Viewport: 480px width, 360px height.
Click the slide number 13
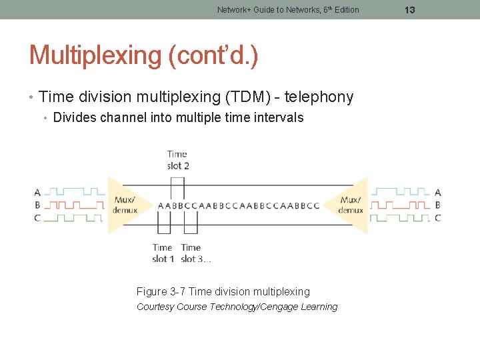tap(410, 10)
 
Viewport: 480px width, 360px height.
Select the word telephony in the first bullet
tap(319, 97)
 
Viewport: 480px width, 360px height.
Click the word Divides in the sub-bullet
tap(75, 118)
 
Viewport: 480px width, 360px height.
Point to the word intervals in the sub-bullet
tap(279, 118)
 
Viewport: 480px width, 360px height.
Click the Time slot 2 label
tap(178, 160)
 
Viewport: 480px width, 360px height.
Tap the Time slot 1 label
tap(163, 253)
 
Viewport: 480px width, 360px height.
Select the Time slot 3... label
tap(195, 253)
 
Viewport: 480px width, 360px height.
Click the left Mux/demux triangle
tap(124, 205)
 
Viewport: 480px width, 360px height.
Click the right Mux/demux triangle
tap(351, 205)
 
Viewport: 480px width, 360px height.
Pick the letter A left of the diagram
tap(37, 193)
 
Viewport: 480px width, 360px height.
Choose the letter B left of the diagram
tap(37, 205)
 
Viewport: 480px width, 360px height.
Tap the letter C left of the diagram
tap(37, 217)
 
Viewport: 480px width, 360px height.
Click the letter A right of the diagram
tap(437, 193)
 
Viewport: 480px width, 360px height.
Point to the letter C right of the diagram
tap(437, 217)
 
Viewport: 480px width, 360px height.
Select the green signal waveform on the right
tap(400, 217)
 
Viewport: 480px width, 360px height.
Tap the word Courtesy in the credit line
tap(155, 307)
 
